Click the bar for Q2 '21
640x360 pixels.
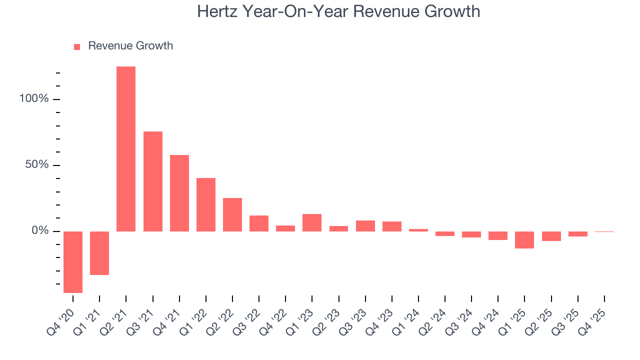[126, 149]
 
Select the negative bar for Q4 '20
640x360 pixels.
[73, 262]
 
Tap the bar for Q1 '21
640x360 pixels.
[99, 253]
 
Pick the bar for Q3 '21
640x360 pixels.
[153, 181]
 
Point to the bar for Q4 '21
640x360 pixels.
[179, 193]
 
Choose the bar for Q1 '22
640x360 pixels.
[206, 204]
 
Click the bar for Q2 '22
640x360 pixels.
[232, 214]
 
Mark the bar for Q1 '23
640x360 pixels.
[312, 222]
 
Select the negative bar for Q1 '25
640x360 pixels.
[524, 240]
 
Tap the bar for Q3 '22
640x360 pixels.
[259, 223]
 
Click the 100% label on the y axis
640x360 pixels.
[34, 99]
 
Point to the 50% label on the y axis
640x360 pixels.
[37, 165]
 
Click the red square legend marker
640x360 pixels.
[77, 46]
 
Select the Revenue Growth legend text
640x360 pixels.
[130, 46]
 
